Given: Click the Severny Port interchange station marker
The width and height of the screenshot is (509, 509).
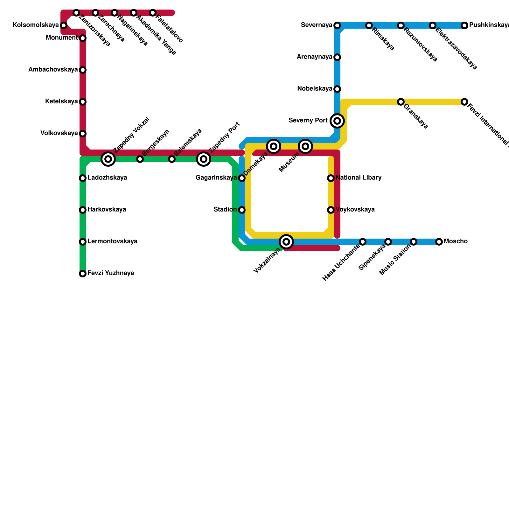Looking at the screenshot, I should point(337,121).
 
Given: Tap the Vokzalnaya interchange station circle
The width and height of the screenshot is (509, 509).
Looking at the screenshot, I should point(286,242).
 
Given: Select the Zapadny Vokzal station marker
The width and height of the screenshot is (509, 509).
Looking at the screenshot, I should point(108,159).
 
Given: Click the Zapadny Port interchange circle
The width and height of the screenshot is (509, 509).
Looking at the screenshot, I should point(204,159).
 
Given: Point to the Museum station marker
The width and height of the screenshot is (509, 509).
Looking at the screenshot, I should point(305,146).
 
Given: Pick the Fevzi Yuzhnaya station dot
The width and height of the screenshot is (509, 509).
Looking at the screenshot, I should point(83,274).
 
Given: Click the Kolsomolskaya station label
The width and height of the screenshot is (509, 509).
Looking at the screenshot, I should point(36,25).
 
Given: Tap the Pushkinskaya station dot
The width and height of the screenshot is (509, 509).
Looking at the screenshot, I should point(464,25).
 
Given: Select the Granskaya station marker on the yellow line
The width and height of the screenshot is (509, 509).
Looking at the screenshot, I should point(401,102).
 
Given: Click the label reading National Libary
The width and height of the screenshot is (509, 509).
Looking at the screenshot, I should point(359,178).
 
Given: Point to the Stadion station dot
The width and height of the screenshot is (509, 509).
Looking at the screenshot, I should point(242,210).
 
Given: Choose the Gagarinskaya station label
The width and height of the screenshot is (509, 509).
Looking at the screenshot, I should point(216,178).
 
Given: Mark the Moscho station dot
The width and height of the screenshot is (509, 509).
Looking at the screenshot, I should point(439,242).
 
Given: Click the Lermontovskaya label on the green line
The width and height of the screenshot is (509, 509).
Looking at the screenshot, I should point(112,241).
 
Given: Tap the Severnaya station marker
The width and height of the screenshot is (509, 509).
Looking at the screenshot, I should point(337,25).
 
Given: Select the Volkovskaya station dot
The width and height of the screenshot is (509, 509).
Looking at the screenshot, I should point(83,133).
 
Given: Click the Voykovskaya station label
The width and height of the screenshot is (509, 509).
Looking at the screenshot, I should point(355,210).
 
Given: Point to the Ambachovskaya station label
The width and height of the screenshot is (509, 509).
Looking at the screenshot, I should point(53,70).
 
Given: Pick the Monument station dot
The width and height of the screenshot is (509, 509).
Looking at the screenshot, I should point(83,38).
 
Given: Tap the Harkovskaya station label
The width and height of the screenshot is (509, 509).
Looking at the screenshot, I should point(107,210).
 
